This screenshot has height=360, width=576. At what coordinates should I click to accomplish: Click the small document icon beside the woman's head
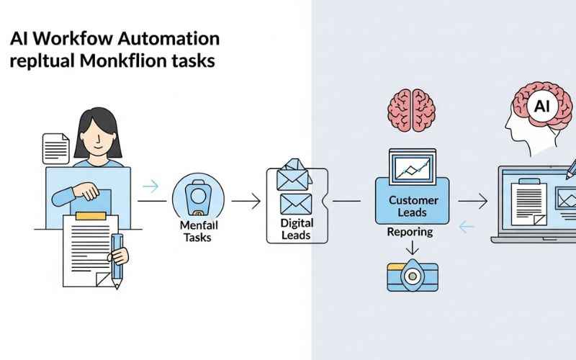55,148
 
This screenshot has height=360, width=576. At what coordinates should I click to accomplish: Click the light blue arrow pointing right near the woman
150,186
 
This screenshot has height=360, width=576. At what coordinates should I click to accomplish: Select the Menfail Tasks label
197,232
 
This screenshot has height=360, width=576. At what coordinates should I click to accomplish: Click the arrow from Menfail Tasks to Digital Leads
246,202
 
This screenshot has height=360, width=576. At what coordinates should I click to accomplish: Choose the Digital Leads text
296,229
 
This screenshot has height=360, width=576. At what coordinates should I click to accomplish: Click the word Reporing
410,232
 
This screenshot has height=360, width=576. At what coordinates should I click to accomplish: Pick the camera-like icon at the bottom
410,276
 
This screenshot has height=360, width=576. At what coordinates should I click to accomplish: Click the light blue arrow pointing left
467,228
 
